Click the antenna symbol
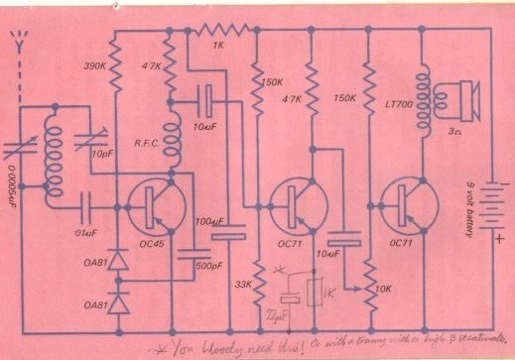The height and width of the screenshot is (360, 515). click(16, 45)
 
